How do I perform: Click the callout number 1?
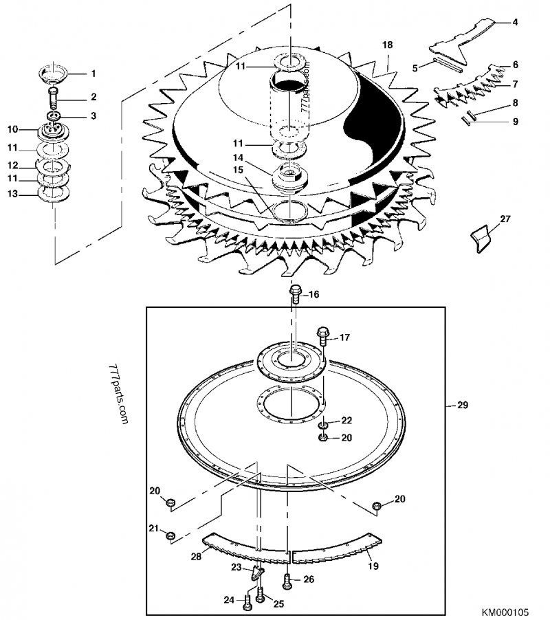pos(93,73)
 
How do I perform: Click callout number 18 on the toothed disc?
pos(388,45)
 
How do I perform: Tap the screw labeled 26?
pos(288,580)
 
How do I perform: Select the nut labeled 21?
pos(172,535)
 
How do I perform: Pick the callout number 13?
pos(12,195)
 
